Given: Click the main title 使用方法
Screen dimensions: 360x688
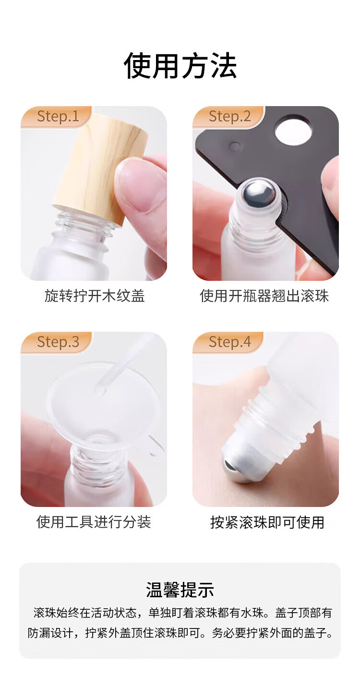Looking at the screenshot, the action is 180,66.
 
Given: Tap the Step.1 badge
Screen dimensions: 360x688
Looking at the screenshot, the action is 57,117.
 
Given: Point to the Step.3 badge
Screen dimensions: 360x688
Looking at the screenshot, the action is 57,342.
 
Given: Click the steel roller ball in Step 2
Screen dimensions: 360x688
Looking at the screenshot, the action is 259,193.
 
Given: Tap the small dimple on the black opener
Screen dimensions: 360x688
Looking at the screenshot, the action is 236,146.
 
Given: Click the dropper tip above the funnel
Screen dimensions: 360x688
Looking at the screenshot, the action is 100,390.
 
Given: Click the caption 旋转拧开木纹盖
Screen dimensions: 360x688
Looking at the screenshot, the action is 95,296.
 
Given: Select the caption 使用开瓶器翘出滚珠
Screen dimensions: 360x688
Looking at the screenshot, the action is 264,296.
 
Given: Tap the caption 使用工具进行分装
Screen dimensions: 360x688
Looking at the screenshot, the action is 94,522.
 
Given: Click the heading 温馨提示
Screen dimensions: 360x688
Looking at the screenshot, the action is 180,590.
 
